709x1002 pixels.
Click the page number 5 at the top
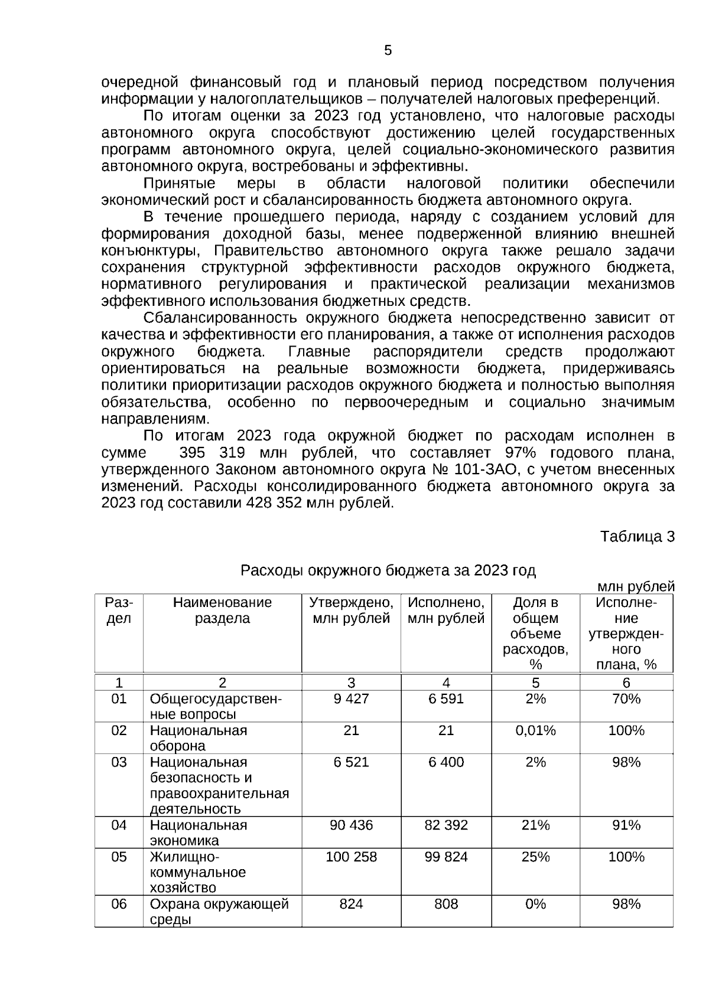388,51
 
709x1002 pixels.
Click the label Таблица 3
637,536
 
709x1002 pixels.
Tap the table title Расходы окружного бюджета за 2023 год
388,570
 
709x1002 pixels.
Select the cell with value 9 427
351,699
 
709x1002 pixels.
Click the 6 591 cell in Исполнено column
446,699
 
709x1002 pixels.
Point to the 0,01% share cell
535,730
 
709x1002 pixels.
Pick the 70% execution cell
626,699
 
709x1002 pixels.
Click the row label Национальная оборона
198,738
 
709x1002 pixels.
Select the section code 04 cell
119,825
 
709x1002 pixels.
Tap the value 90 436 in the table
351,825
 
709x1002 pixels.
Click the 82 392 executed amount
446,825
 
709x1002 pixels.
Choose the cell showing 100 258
351,857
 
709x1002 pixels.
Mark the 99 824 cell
446,857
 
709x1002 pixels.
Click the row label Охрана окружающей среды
219,912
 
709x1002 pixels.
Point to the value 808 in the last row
446,904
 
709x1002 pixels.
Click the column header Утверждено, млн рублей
351,611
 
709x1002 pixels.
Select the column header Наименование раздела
222,611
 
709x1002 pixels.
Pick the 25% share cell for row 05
535,857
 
